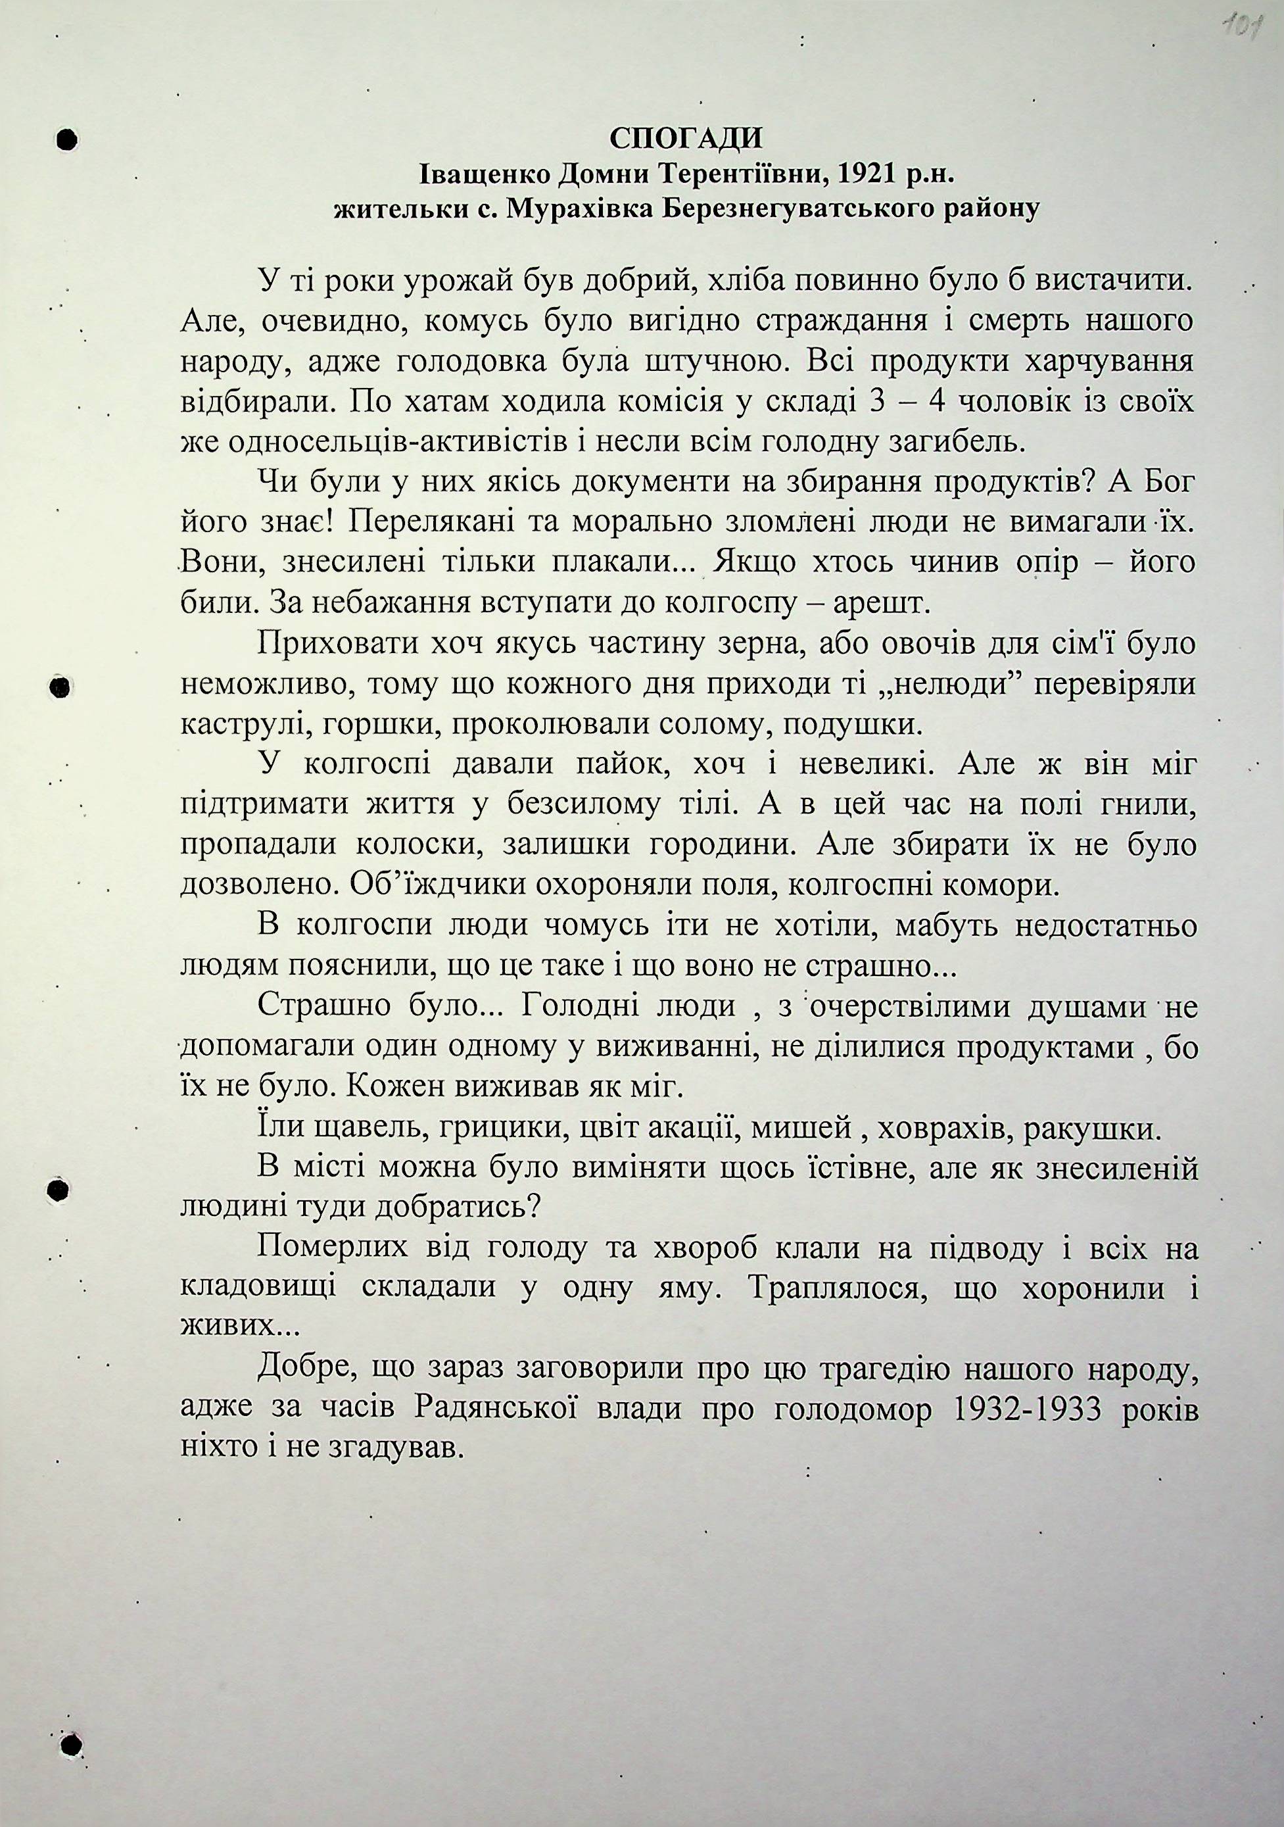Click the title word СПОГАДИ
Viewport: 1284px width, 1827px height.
point(686,139)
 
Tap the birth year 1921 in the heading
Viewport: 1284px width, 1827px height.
point(864,174)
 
